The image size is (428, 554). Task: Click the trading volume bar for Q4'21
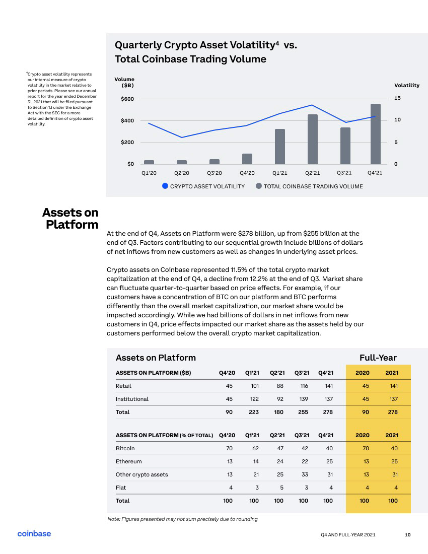tap(376, 134)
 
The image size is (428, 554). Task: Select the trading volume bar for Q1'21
tap(279, 147)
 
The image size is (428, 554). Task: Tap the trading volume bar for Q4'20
tap(247, 159)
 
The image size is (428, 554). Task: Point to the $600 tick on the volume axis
tap(127, 99)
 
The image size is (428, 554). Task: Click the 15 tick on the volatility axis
tap(397, 98)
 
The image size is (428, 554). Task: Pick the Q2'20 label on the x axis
tap(181, 173)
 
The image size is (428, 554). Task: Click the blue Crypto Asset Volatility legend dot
tap(165, 186)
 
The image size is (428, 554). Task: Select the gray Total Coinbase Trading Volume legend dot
tap(259, 186)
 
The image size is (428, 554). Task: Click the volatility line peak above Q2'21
tap(312, 105)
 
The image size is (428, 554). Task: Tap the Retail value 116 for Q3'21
tap(304, 386)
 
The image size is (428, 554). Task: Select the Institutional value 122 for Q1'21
tap(254, 399)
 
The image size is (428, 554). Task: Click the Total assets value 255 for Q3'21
tap(303, 412)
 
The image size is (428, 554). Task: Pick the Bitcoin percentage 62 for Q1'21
tap(255, 448)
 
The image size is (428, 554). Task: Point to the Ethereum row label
tap(128, 461)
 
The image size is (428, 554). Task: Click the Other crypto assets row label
tap(141, 474)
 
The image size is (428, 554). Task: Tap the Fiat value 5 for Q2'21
tap(281, 488)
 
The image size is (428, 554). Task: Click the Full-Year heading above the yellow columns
tap(378, 358)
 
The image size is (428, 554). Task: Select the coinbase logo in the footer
tap(34, 533)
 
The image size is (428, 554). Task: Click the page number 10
tap(407, 535)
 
